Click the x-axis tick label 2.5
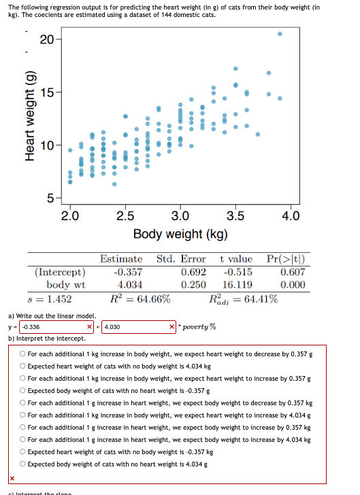coord(125,216)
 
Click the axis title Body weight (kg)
coord(180,234)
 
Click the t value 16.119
coord(237,284)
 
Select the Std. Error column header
coord(181,259)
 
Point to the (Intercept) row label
coord(60,272)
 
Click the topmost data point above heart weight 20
coord(280,33)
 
